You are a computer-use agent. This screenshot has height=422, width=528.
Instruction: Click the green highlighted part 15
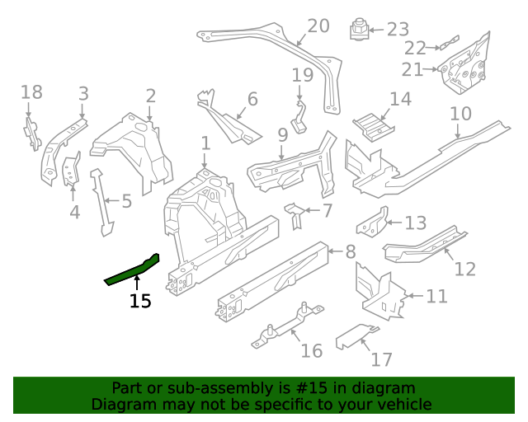132,270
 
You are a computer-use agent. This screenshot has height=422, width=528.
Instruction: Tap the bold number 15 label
140,302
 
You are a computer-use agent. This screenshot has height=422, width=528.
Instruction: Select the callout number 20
318,26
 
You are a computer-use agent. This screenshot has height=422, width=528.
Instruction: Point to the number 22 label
415,48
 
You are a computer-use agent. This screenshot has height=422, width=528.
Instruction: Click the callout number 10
460,113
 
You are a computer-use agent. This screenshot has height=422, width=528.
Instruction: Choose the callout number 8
350,251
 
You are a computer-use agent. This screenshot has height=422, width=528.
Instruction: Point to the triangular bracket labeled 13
370,224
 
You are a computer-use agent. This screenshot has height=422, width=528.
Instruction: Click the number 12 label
465,269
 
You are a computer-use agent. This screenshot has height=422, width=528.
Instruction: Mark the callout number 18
31,91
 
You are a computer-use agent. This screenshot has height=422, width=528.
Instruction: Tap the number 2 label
150,96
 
